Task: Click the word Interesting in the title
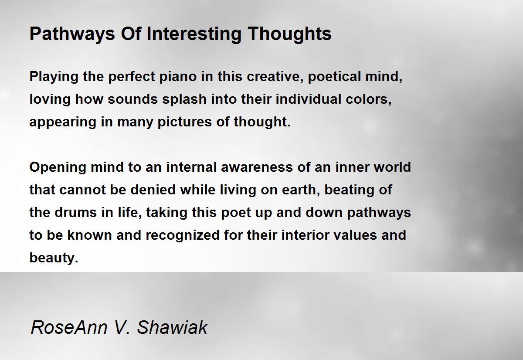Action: click(x=194, y=34)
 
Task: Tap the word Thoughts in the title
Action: click(x=289, y=34)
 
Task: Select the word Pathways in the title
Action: click(x=72, y=34)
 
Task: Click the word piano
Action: click(x=178, y=77)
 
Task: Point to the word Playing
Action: click(x=54, y=77)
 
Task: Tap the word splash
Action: click(x=184, y=99)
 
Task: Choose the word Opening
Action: click(x=58, y=168)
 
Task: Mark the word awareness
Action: click(x=257, y=167)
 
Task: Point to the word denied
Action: click(x=153, y=190)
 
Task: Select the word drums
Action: click(x=76, y=212)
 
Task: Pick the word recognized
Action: click(x=183, y=235)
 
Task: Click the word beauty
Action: click(x=54, y=258)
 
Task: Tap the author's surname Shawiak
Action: click(x=172, y=327)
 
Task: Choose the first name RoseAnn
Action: click(x=69, y=327)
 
